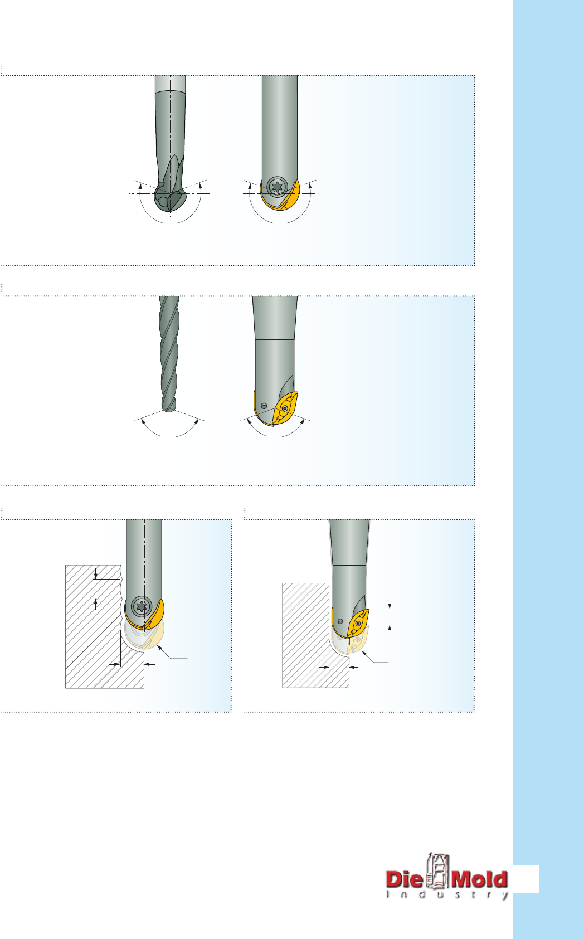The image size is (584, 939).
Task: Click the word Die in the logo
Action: coord(404,879)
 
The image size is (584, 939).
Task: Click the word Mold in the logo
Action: coord(479,879)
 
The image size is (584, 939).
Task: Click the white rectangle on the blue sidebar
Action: coord(525,879)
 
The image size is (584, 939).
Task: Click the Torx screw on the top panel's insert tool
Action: coord(277,186)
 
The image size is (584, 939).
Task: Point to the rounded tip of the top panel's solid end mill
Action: coord(169,201)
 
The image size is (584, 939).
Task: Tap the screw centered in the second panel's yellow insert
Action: coord(285,408)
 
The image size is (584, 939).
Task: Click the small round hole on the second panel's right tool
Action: coord(264,406)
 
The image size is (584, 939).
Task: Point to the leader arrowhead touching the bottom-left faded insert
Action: coord(159,648)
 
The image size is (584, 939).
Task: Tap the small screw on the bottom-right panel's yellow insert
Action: coord(357,624)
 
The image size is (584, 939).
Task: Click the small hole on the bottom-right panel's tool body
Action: coord(340,621)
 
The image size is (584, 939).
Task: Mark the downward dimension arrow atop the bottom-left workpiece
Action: coord(96,573)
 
